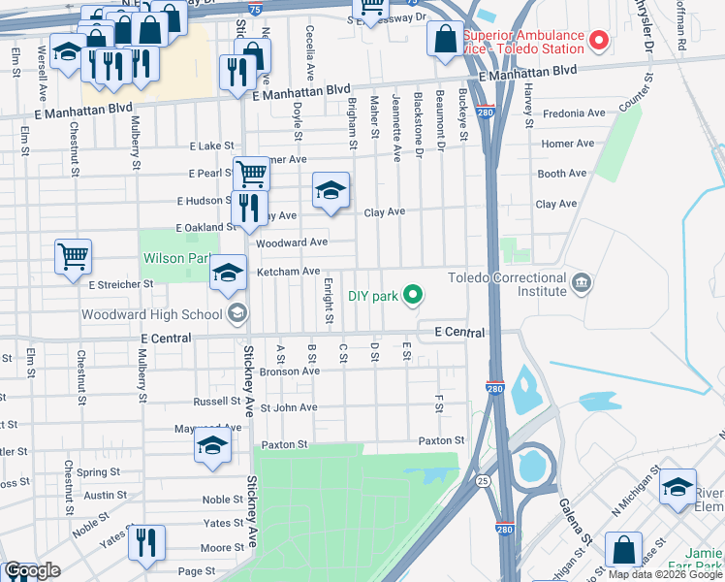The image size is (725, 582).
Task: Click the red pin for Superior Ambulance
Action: click(x=599, y=41)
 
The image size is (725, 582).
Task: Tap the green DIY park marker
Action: click(x=413, y=293)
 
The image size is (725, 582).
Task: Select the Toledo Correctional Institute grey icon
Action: click(x=581, y=283)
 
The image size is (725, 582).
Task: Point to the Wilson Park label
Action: click(x=176, y=259)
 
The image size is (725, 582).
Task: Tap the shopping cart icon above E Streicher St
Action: click(x=73, y=258)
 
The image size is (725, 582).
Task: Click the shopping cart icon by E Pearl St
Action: click(x=251, y=176)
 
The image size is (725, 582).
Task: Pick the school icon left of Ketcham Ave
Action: click(x=228, y=274)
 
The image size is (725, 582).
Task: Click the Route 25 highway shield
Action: click(x=482, y=480)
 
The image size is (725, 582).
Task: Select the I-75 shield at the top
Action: click(x=254, y=8)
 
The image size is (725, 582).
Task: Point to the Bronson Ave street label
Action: click(x=290, y=371)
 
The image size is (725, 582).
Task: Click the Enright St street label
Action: click(x=330, y=300)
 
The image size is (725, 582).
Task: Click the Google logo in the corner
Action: click(x=32, y=570)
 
